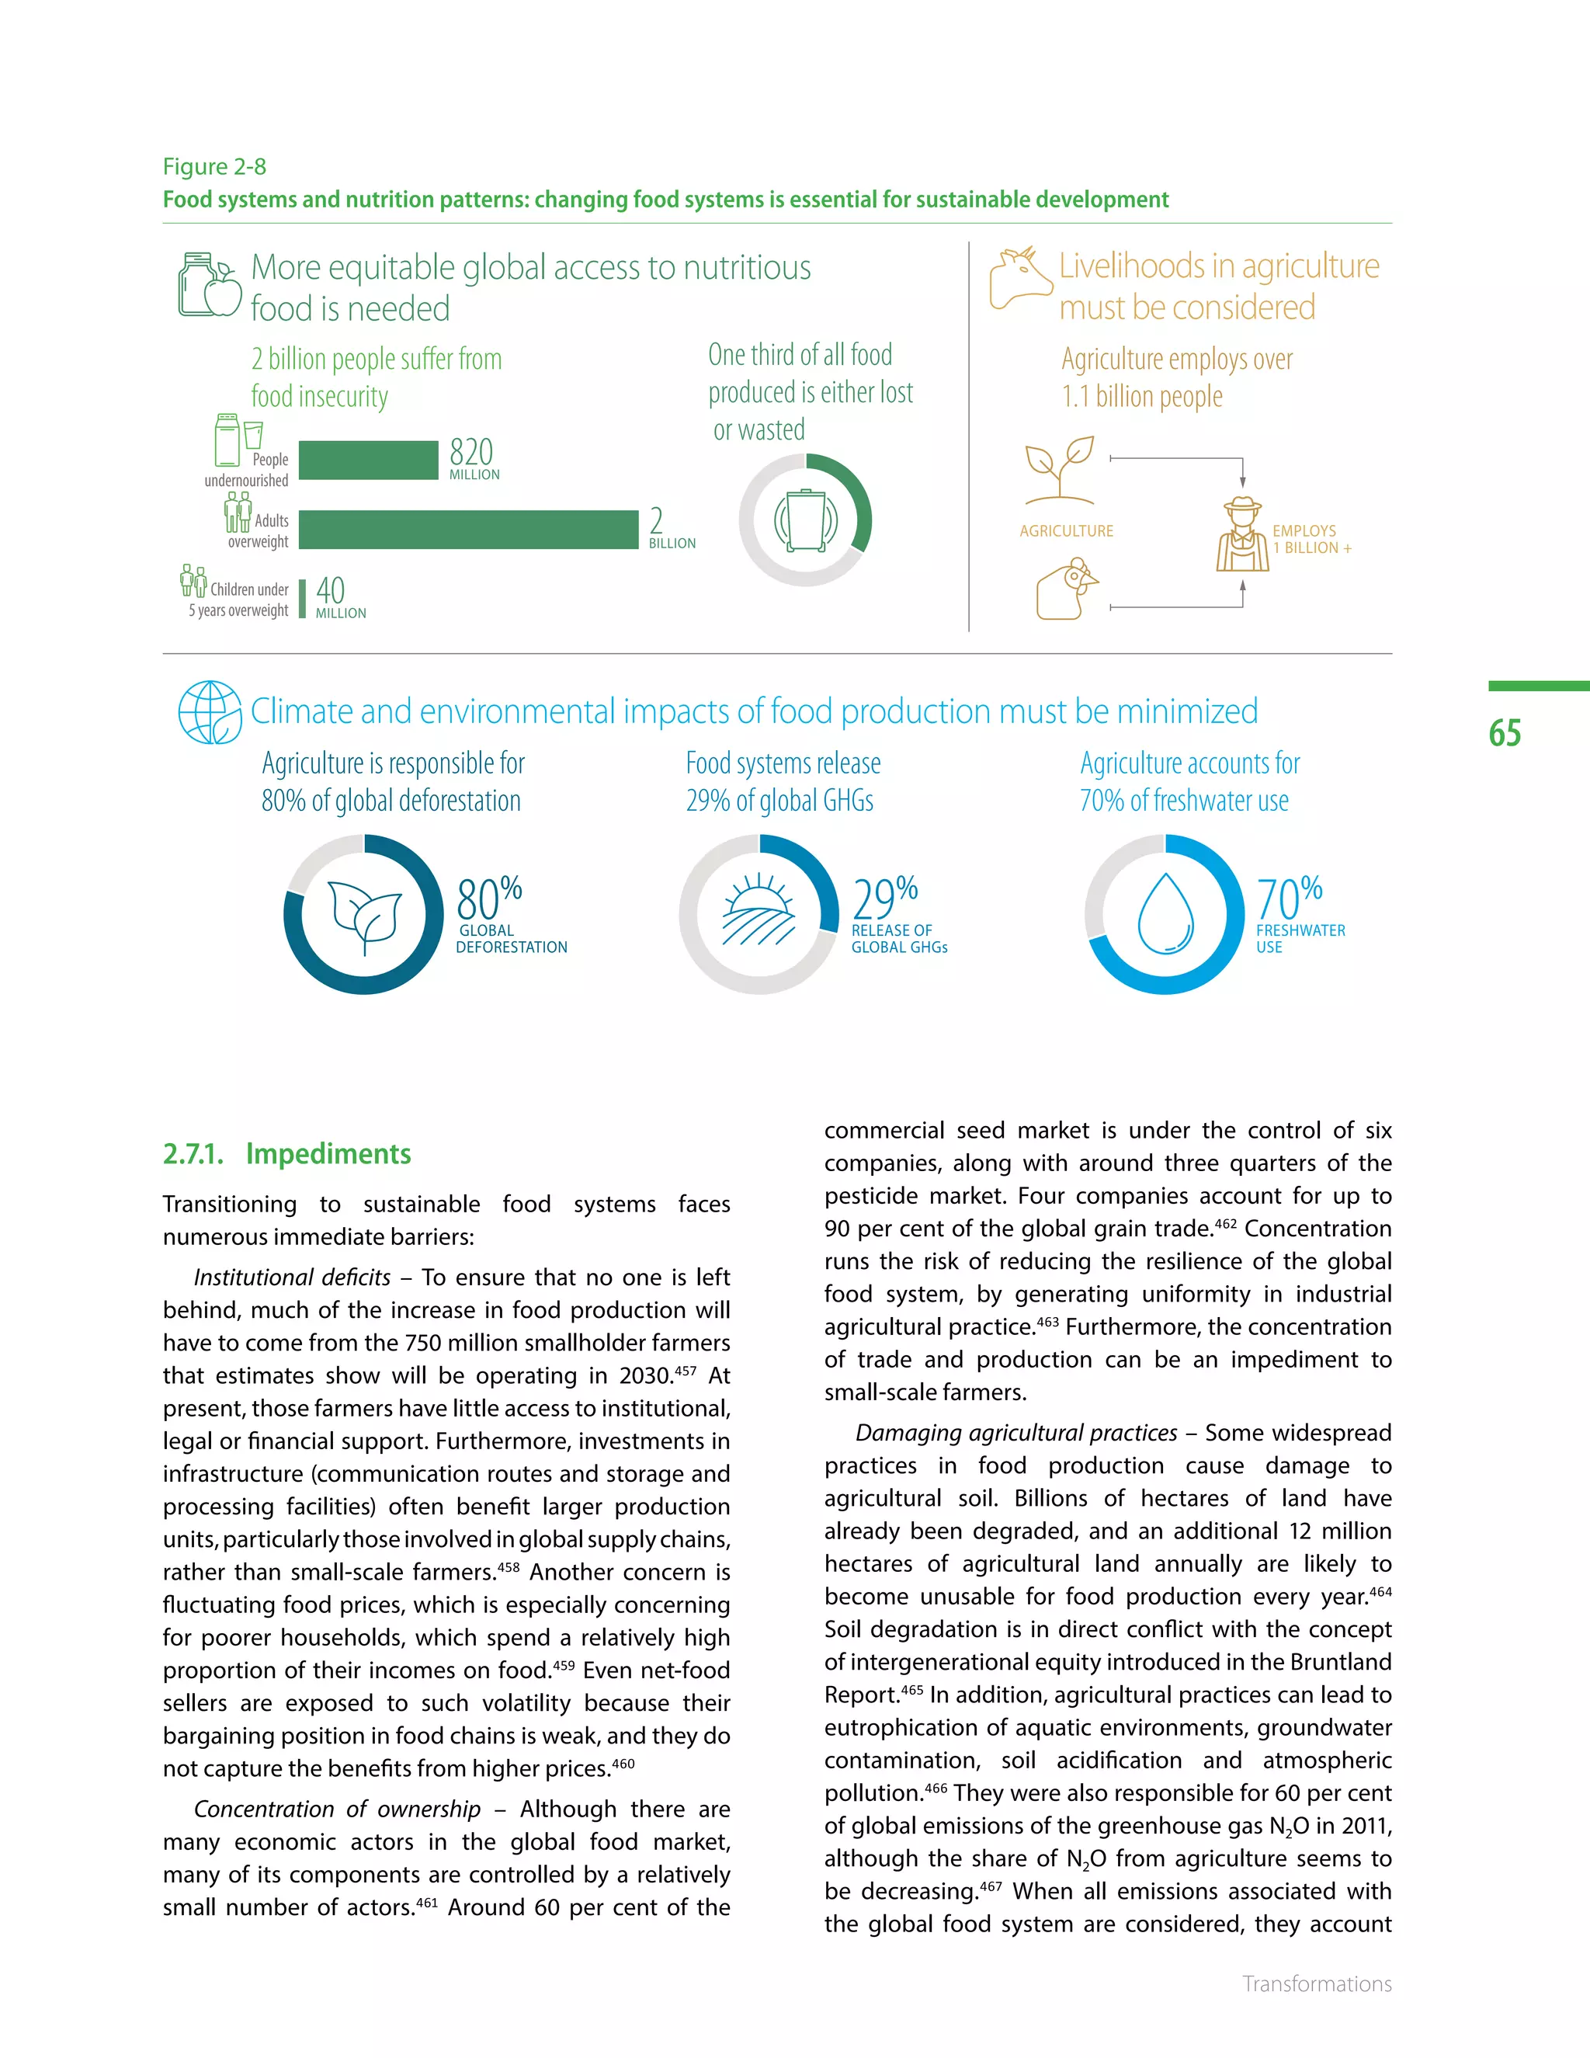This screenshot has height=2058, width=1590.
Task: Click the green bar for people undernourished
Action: pyautogui.click(x=368, y=460)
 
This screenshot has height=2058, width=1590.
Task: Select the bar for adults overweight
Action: pyautogui.click(x=468, y=530)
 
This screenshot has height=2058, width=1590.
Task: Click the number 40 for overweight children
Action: pyautogui.click(x=331, y=591)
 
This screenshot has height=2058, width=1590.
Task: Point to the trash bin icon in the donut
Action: pyautogui.click(x=805, y=520)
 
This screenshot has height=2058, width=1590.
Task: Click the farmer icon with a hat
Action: pyautogui.click(x=1242, y=535)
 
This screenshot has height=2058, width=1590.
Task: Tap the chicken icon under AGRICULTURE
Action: pyautogui.click(x=1068, y=589)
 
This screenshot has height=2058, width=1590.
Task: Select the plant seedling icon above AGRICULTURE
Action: pyautogui.click(x=1060, y=468)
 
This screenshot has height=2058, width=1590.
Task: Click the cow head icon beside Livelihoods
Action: pyautogui.click(x=1019, y=278)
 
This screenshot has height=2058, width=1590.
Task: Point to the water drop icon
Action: pyautogui.click(x=1166, y=913)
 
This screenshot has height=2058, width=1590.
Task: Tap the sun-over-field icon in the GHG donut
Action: pyautogui.click(x=759, y=910)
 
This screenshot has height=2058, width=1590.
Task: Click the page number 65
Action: pyautogui.click(x=1505, y=733)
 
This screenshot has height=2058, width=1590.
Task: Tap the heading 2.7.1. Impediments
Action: pyautogui.click(x=287, y=1153)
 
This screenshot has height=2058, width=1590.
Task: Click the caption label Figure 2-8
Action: pyautogui.click(x=215, y=167)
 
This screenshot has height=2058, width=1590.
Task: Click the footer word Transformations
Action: pyautogui.click(x=1316, y=1983)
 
